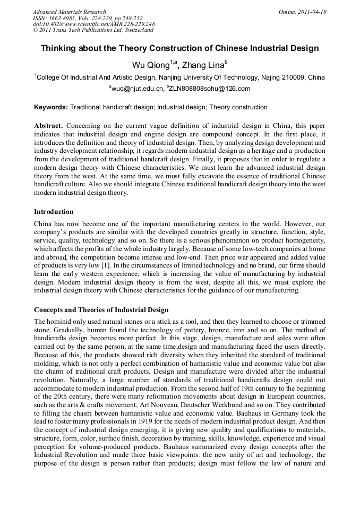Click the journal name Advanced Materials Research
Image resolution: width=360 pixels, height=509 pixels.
coord(69,12)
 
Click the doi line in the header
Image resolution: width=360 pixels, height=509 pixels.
coord(93,24)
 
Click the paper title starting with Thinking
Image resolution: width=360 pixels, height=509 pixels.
coord(179,48)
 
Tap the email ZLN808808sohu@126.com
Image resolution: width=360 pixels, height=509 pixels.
coord(209,89)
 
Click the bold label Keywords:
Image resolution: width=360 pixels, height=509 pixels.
coord(51,107)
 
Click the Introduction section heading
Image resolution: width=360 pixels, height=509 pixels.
coord(54,212)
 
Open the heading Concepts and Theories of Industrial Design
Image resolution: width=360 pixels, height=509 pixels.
coord(101,309)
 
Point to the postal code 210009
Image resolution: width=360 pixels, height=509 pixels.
coord(294,77)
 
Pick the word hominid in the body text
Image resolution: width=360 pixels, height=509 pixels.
coord(60,322)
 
